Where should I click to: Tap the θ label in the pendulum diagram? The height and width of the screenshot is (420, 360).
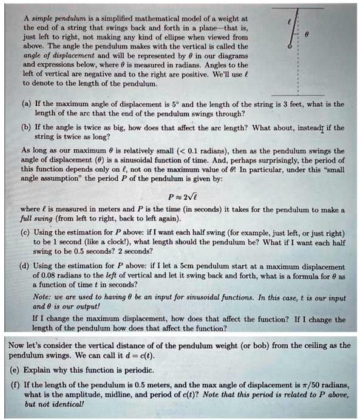click(x=308, y=36)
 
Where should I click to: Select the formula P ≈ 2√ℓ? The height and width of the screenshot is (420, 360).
click(x=182, y=196)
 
